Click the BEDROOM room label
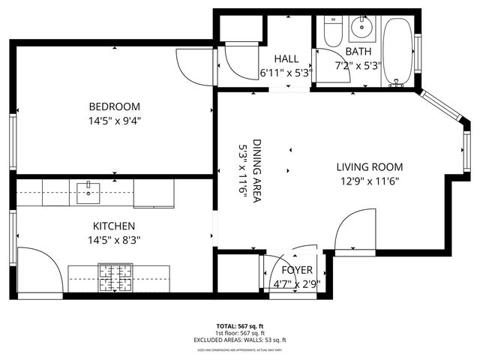113,106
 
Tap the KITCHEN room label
113,226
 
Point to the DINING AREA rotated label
256,172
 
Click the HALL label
286,58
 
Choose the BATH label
358,51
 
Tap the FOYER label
296,270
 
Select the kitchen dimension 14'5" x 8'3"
113,240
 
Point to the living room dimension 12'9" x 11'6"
369,181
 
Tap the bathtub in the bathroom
396,52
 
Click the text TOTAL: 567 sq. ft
240,326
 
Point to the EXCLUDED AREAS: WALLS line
240,340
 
